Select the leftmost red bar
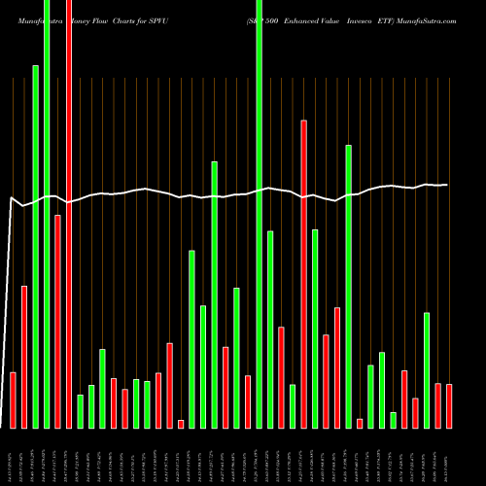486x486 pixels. click(x=13, y=399)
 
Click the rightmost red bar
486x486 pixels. click(x=449, y=405)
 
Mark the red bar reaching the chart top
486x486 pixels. click(x=68, y=214)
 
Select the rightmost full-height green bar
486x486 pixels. click(x=259, y=214)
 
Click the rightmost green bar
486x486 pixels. click(x=427, y=369)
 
